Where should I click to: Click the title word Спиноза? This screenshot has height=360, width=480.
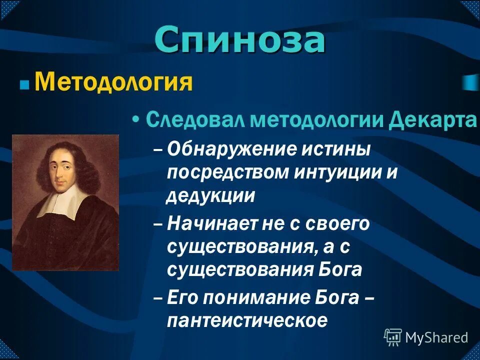tap(239, 40)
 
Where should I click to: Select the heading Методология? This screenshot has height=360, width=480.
tap(113, 82)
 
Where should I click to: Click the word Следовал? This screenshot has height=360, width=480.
tap(195, 120)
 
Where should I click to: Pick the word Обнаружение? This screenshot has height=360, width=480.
tap(230, 148)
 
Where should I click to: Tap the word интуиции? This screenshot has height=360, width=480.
tap(339, 172)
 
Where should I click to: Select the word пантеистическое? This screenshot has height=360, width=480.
tap(247, 320)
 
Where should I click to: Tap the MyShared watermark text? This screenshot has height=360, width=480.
tap(436, 337)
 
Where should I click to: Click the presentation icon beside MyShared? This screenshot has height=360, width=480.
tap(393, 337)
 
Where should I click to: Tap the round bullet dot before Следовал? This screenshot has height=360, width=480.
tap(135, 121)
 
